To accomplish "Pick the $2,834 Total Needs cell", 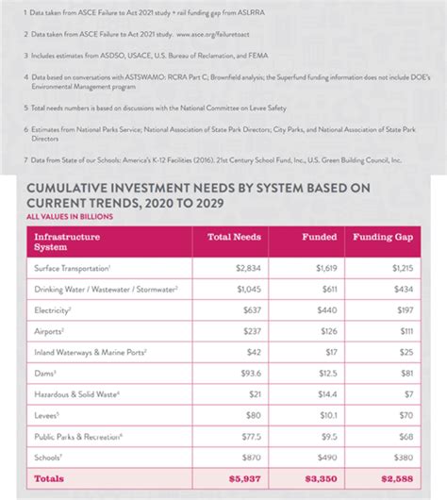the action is click(x=247, y=269).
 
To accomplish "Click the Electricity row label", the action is click(x=56, y=309).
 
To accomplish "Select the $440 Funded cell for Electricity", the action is click(x=323, y=309).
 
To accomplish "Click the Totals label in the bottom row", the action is click(x=49, y=479).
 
